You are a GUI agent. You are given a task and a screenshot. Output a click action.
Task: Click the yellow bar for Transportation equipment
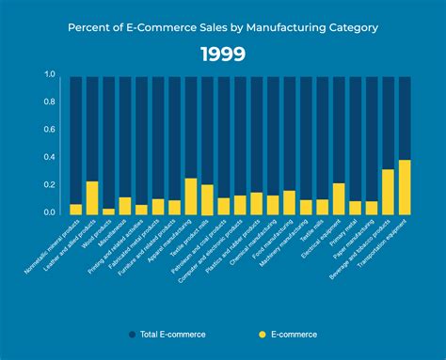pos(404,187)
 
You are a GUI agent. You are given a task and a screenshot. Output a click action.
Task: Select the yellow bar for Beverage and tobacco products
pos(387,192)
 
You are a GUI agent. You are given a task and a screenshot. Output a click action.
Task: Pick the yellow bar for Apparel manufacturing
pos(191,196)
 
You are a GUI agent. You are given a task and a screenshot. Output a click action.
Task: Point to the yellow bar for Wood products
pos(108,211)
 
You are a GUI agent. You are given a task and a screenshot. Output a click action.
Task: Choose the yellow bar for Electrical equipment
pos(338,198)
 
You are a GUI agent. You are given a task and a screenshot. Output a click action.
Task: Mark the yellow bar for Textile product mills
pos(207,199)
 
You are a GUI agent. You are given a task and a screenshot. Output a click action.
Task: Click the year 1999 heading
pos(223,55)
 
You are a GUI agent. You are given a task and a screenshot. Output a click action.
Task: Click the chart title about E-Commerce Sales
pos(223,27)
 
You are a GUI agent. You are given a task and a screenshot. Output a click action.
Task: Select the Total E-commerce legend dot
pos(131,334)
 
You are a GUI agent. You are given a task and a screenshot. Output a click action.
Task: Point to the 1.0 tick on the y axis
pos(49,74)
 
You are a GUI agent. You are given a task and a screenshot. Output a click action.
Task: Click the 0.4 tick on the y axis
pos(49,157)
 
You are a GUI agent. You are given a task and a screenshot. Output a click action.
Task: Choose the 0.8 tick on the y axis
pos(49,102)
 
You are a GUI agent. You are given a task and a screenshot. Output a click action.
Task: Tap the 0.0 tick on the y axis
pos(49,212)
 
